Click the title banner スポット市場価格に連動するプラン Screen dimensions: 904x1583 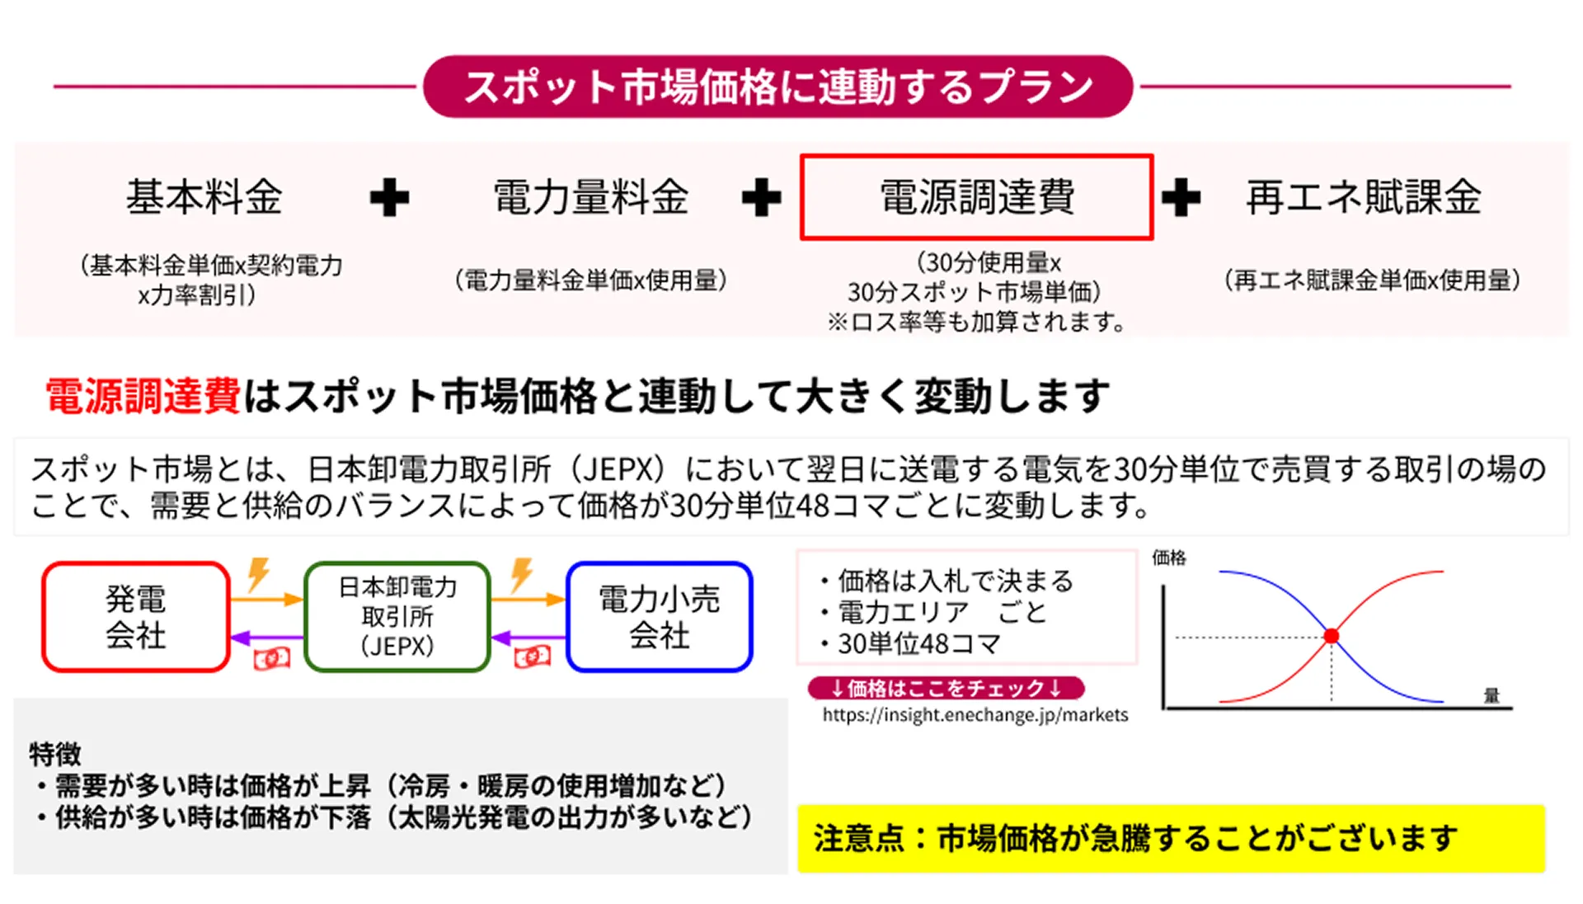pyautogui.click(x=777, y=87)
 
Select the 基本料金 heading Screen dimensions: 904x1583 pyautogui.click(x=204, y=197)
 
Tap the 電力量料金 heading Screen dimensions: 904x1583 pyautogui.click(x=590, y=197)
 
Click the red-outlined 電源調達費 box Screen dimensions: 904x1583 pyautogui.click(x=976, y=197)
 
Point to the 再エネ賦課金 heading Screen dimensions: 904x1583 pyautogui.click(x=1364, y=197)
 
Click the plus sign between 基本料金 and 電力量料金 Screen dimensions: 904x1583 pyautogui.click(x=389, y=198)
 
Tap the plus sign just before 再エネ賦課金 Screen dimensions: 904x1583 pyautogui.click(x=1181, y=198)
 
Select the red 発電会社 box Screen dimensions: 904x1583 pyautogui.click(x=136, y=617)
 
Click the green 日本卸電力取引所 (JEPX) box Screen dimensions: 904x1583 pyautogui.click(x=397, y=617)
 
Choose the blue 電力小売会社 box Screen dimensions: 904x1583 pyautogui.click(x=660, y=617)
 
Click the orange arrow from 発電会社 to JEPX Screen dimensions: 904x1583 pyautogui.click(x=266, y=599)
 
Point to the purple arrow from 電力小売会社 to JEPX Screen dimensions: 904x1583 pyautogui.click(x=528, y=638)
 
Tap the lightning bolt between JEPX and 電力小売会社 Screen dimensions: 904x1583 pyautogui.click(x=521, y=574)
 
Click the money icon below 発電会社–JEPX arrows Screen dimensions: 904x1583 pyautogui.click(x=271, y=658)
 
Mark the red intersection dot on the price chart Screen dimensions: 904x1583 pyautogui.click(x=1331, y=636)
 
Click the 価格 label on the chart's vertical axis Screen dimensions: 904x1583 pyautogui.click(x=1168, y=558)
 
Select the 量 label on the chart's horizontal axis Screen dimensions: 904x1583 pyautogui.click(x=1491, y=695)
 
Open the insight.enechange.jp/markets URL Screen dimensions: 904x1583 pyautogui.click(x=975, y=715)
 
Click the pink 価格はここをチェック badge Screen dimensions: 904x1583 pyautogui.click(x=946, y=688)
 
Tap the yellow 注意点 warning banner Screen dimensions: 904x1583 pyautogui.click(x=1171, y=839)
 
